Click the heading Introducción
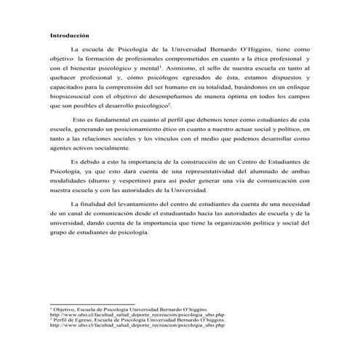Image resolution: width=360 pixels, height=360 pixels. [x=69, y=34]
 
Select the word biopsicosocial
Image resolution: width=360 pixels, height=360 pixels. [x=71, y=96]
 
